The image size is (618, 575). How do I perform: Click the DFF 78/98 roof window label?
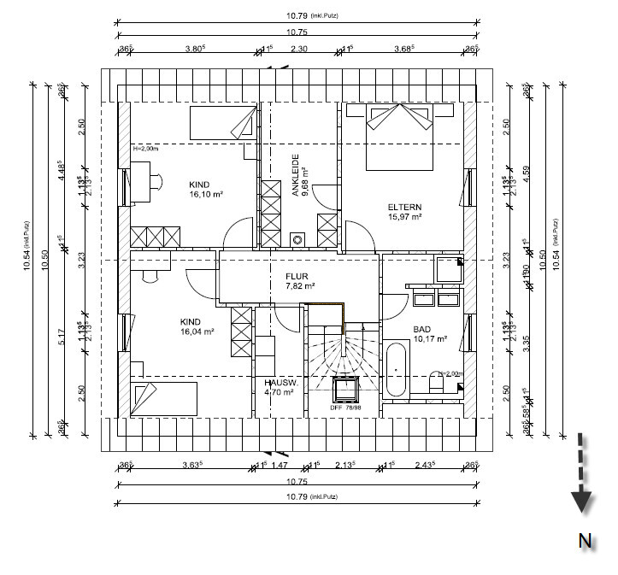[346, 408]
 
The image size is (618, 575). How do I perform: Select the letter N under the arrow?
[585, 540]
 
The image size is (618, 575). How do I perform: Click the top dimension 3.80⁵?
[197, 50]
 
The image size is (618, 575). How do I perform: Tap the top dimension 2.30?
[299, 50]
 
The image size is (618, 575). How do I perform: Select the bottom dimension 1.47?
[280, 465]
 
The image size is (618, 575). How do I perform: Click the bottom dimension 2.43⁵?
[425, 465]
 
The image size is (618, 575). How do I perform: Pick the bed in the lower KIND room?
[164, 397]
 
